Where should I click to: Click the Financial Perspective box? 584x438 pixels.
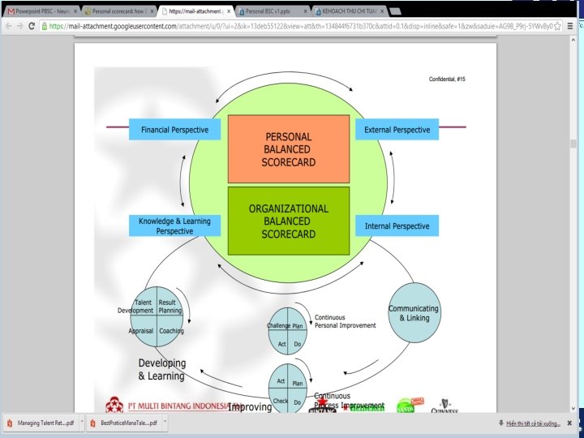(x=174, y=130)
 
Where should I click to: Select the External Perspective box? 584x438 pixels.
(x=397, y=130)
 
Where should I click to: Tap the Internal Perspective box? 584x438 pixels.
(x=397, y=225)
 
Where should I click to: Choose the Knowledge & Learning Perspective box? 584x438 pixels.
(x=174, y=226)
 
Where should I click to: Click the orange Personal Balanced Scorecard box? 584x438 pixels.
(x=289, y=149)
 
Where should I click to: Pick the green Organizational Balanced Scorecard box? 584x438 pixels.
(x=289, y=221)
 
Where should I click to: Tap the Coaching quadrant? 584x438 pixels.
(x=170, y=330)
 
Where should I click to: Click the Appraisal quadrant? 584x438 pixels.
(x=141, y=330)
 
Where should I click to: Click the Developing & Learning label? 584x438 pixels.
(x=161, y=369)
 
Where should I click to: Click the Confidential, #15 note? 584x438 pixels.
(x=447, y=79)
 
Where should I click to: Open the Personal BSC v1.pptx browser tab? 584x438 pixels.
(x=273, y=12)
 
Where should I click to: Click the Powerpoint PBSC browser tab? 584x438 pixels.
(x=42, y=12)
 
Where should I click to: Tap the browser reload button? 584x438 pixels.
(x=32, y=26)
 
